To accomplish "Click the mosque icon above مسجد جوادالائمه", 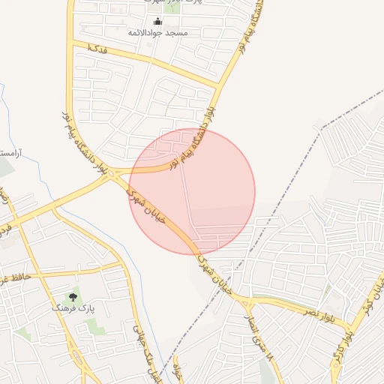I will click(157, 21).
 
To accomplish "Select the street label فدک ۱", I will click(97, 49).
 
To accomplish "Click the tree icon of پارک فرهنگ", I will click(73, 298).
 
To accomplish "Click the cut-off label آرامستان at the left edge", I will click(9, 154).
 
